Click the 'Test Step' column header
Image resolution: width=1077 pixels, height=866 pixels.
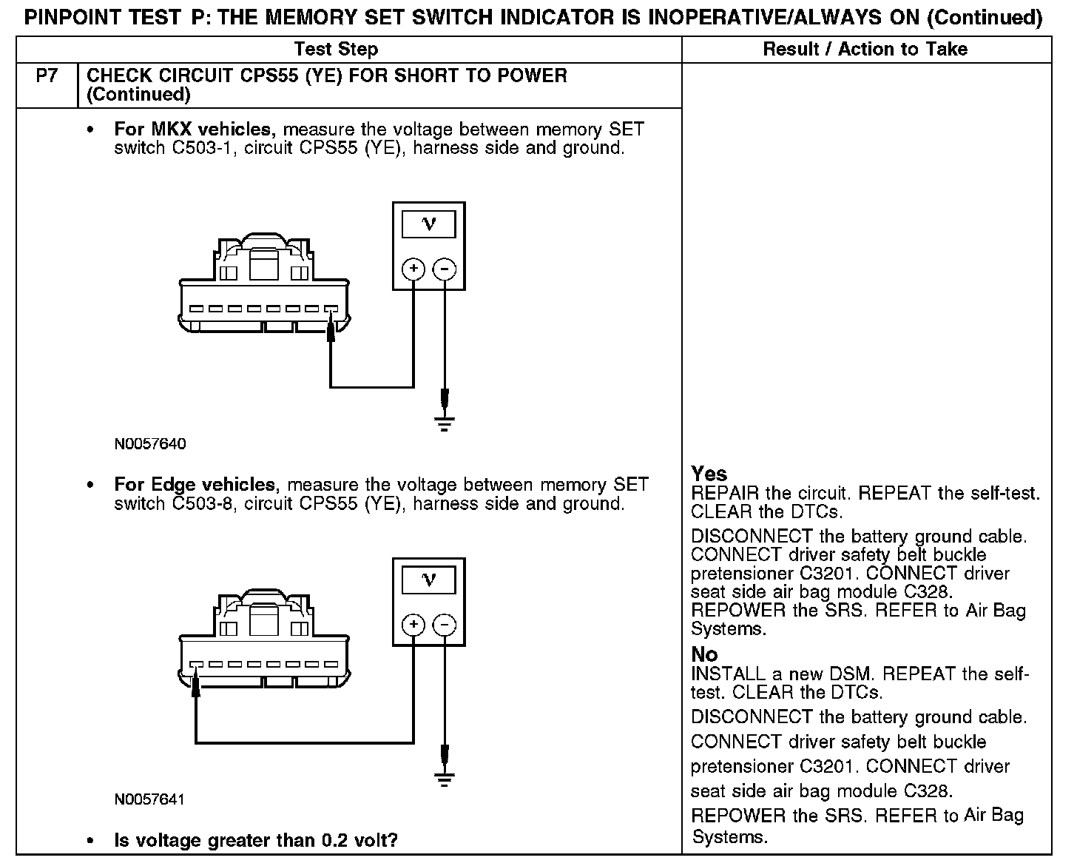[x=336, y=50]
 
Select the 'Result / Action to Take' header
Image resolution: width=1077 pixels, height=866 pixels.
[x=865, y=50]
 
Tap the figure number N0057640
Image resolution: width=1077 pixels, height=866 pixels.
[x=150, y=444]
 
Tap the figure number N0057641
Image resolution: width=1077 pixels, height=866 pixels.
[x=149, y=799]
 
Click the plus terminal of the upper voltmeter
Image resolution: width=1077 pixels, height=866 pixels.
[x=413, y=269]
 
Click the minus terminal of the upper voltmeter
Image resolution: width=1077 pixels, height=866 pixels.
[x=444, y=269]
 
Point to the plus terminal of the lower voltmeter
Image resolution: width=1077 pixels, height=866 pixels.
[x=413, y=625]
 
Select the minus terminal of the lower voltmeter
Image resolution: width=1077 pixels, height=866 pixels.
[x=444, y=625]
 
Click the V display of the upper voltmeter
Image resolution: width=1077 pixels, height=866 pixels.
[x=428, y=224]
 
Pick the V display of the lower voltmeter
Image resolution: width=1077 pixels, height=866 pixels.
[x=428, y=580]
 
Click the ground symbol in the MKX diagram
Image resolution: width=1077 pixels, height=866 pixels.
[x=444, y=424]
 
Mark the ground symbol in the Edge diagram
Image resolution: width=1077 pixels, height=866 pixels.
[x=444, y=779]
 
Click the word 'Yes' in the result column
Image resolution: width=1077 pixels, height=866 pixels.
[x=709, y=474]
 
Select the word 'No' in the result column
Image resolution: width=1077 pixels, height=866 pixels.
[x=704, y=654]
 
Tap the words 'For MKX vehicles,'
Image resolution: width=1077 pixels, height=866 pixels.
[x=195, y=130]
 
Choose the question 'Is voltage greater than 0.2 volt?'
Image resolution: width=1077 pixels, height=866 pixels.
[x=256, y=841]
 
